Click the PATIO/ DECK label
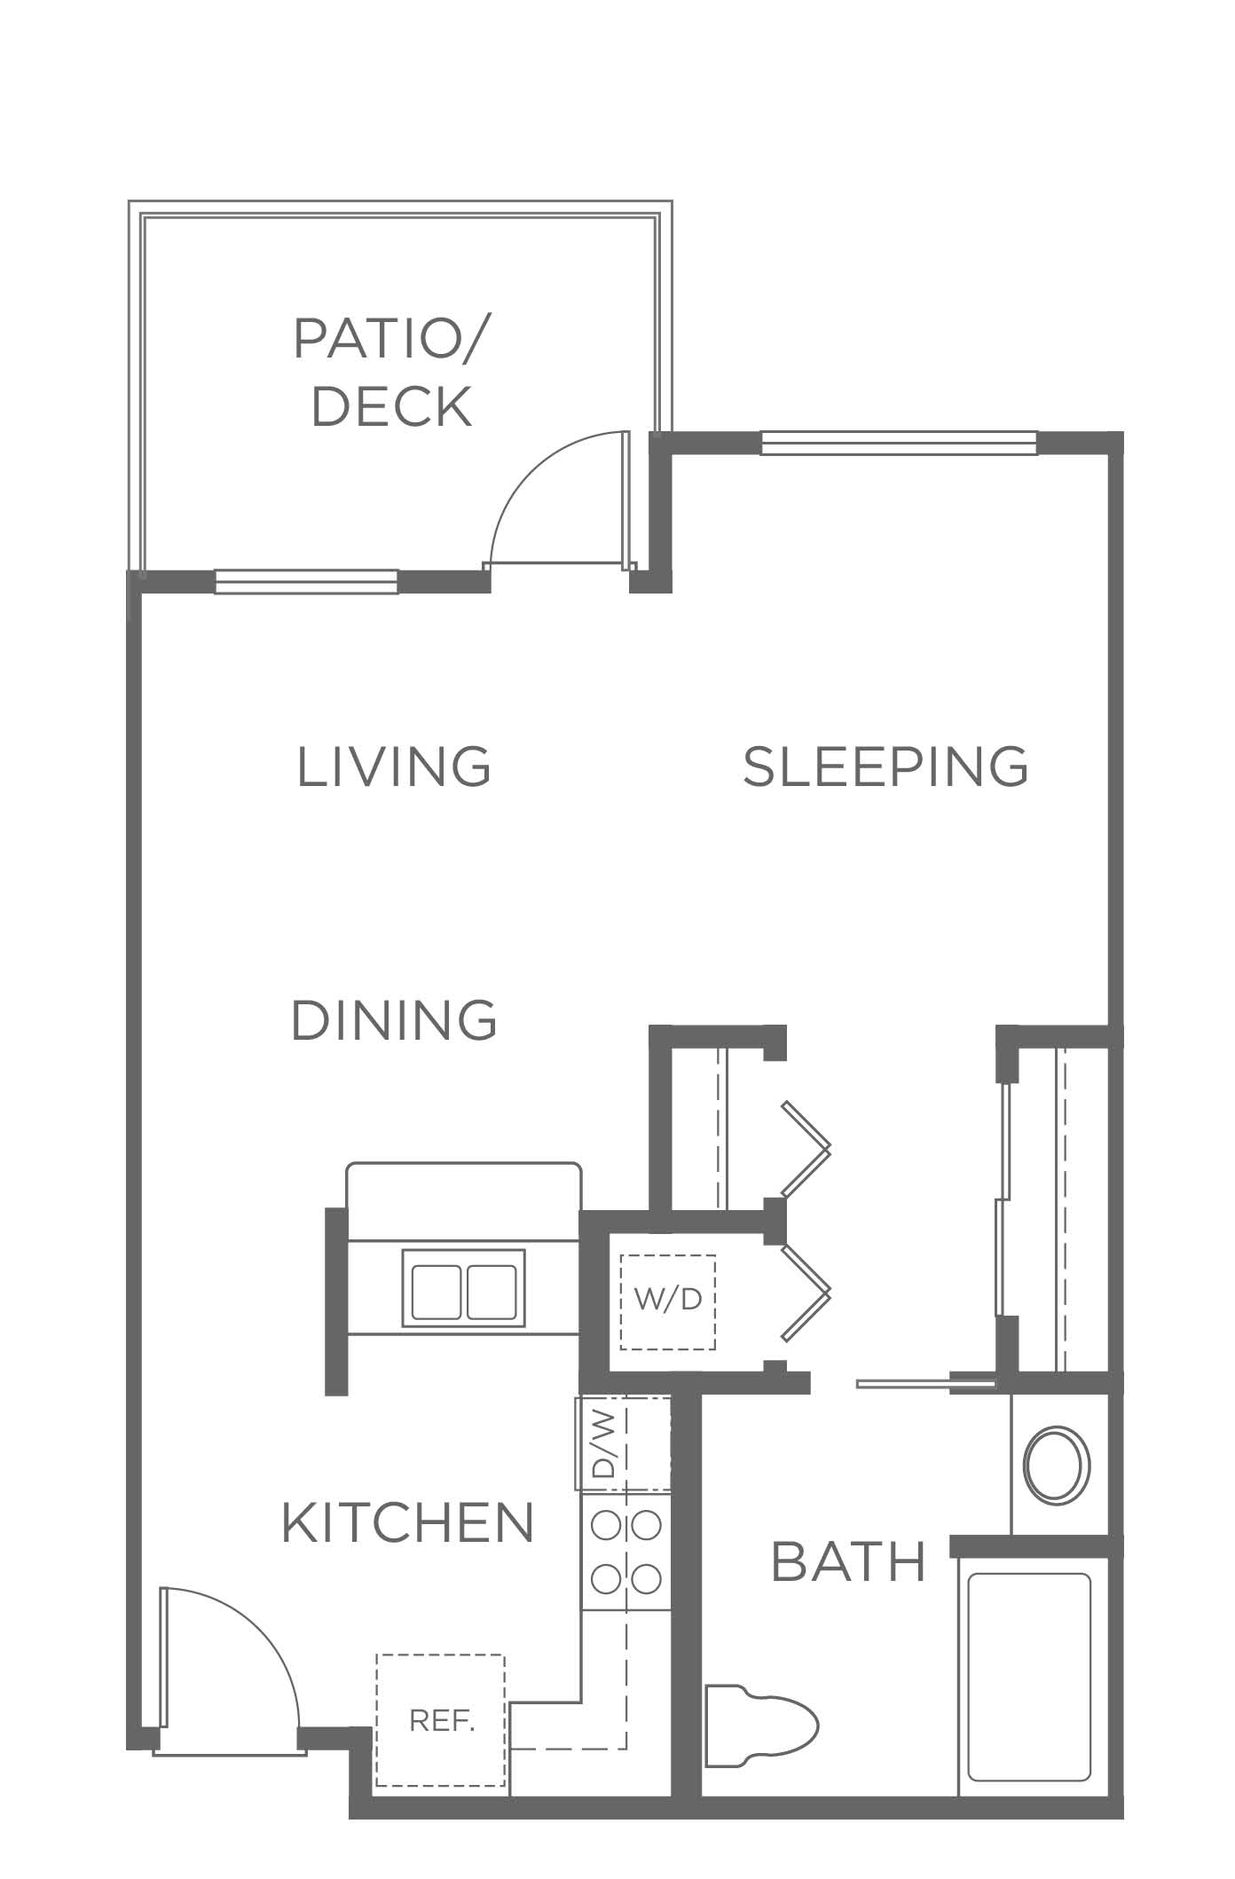point(392,372)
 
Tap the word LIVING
point(394,767)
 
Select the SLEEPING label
point(885,767)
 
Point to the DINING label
point(394,1020)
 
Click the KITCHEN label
point(408,1523)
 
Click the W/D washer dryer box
point(668,1301)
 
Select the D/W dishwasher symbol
point(622,1443)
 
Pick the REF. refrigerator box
point(441,1721)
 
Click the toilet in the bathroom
point(760,1727)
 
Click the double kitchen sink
point(463,1288)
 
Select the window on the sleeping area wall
point(899,443)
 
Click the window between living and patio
point(306,581)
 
